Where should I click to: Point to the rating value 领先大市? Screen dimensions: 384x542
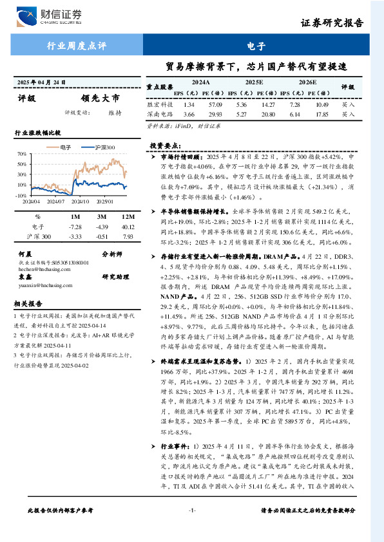tap(101, 99)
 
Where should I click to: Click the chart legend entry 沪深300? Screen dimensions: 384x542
tap(102, 147)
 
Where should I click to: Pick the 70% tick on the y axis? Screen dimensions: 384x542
tap(21, 154)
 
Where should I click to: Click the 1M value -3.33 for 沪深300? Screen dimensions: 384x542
tap(75, 237)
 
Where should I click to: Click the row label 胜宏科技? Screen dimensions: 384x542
tap(159, 104)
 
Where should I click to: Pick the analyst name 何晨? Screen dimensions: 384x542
tap(25, 254)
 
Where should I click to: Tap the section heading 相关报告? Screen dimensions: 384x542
tap(28, 303)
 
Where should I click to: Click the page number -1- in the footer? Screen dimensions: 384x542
tap(191, 528)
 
